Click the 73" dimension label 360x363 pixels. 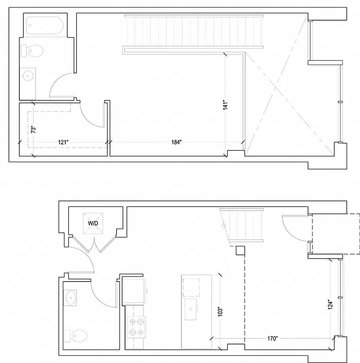(33, 129)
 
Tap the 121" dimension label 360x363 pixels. (63, 142)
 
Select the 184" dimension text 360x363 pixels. (177, 142)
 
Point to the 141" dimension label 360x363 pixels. (225, 105)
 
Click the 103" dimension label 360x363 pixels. (220, 312)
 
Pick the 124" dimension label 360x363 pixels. (330, 305)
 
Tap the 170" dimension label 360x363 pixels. (272, 339)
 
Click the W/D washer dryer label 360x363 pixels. (93, 223)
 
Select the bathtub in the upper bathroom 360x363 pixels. (45, 25)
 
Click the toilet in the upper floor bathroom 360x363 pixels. (32, 51)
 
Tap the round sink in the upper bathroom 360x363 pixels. (27, 75)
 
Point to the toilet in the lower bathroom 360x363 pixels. (76, 336)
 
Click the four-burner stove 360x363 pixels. (137, 327)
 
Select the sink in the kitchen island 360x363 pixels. (191, 309)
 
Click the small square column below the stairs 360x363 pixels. (240, 250)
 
